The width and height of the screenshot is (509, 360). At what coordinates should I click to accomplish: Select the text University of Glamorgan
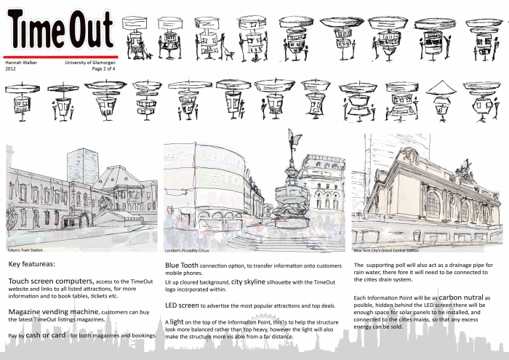click(89, 63)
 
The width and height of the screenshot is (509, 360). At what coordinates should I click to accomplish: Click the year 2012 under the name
click(11, 69)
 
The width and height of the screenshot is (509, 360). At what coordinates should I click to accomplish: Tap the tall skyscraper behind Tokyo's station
click(82, 167)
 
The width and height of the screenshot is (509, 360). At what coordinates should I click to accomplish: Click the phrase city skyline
click(255, 280)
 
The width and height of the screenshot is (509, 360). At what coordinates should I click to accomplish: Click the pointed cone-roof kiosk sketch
click(441, 89)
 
